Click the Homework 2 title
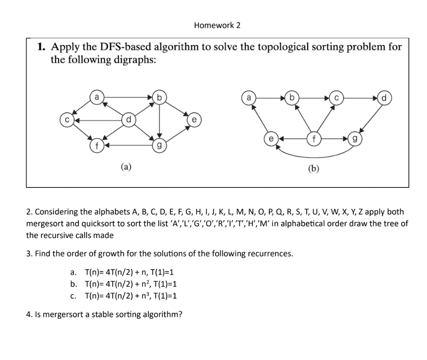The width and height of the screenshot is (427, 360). click(x=217, y=25)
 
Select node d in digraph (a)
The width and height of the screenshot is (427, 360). click(x=128, y=120)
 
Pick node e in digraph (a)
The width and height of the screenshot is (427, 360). click(x=194, y=120)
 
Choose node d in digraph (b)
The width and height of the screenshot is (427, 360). click(x=384, y=97)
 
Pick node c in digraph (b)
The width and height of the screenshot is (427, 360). click(x=337, y=97)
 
